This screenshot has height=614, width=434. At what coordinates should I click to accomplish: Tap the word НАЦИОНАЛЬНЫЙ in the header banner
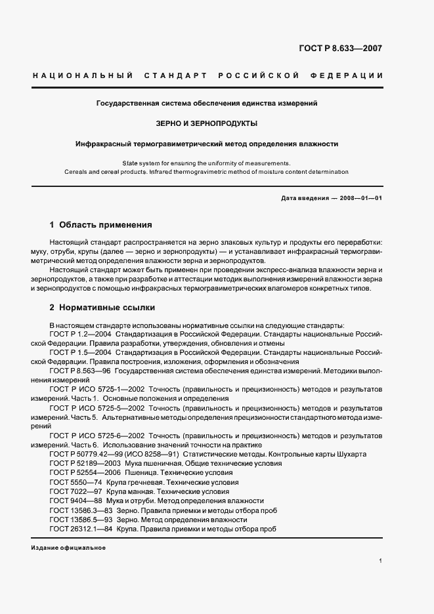[83, 76]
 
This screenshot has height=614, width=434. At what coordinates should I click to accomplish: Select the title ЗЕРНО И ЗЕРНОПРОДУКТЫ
[206, 123]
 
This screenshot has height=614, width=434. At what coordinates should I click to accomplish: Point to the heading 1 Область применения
[101, 224]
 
